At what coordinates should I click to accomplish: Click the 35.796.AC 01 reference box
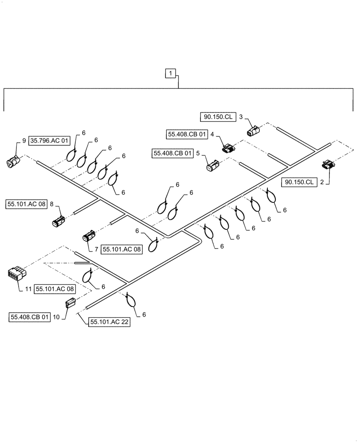tap(50, 141)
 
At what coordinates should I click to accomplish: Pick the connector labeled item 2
tap(329, 166)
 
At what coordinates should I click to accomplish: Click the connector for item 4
tap(229, 149)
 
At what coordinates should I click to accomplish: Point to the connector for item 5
tap(211, 166)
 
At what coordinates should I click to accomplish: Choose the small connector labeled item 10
tap(70, 303)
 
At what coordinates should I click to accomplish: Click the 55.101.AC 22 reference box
tap(109, 323)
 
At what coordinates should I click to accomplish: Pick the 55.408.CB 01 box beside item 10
tap(29, 317)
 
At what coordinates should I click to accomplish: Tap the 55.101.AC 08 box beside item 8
tap(26, 205)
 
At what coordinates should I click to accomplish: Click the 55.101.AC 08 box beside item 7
tap(121, 249)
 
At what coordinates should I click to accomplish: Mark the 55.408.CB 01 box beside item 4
tap(187, 133)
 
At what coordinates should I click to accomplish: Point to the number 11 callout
tap(27, 289)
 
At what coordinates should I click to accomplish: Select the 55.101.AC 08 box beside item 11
tap(55, 289)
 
